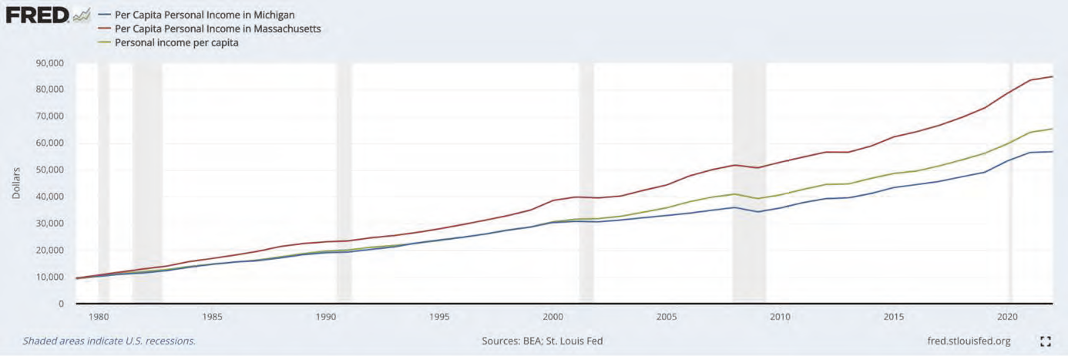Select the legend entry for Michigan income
(x=204, y=15)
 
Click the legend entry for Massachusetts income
(x=217, y=29)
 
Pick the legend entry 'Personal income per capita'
(x=176, y=42)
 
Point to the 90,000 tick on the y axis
(x=50, y=62)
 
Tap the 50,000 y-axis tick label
(x=50, y=170)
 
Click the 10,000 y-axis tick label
(x=50, y=277)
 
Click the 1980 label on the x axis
(x=99, y=316)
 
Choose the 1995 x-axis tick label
(x=439, y=316)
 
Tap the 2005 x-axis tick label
(x=667, y=316)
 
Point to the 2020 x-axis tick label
(x=1008, y=316)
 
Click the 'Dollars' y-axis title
(x=16, y=183)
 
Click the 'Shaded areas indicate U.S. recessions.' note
(x=109, y=341)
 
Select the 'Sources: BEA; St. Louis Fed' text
(x=542, y=341)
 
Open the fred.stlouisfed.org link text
(x=970, y=341)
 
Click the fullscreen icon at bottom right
(x=1046, y=341)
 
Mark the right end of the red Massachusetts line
(x=1053, y=76)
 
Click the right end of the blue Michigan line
(x=1053, y=152)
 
